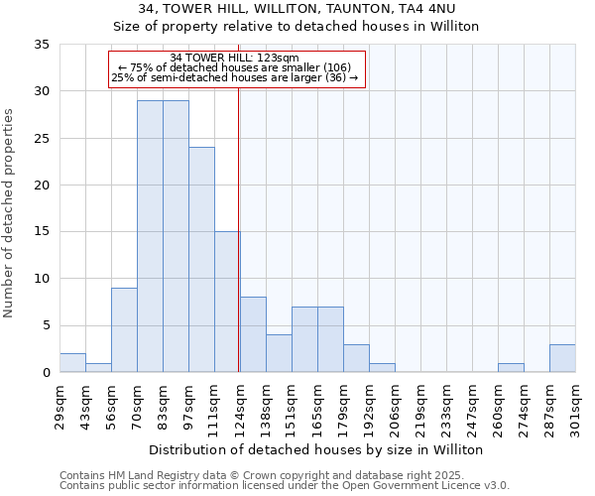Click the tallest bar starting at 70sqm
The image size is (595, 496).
click(150, 236)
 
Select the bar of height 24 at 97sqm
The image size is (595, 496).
click(201, 260)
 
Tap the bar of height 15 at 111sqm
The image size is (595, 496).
click(227, 302)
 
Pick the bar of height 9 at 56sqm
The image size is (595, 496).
click(124, 329)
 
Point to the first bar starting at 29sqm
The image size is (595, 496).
click(72, 362)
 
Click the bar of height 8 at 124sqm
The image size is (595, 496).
click(253, 334)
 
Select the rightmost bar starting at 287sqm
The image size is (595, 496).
click(562, 358)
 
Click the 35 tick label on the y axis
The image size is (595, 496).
click(43, 45)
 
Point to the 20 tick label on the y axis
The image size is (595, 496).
click(43, 186)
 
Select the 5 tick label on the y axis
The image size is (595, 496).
click(46, 325)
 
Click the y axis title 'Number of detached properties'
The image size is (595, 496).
click(10, 213)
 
